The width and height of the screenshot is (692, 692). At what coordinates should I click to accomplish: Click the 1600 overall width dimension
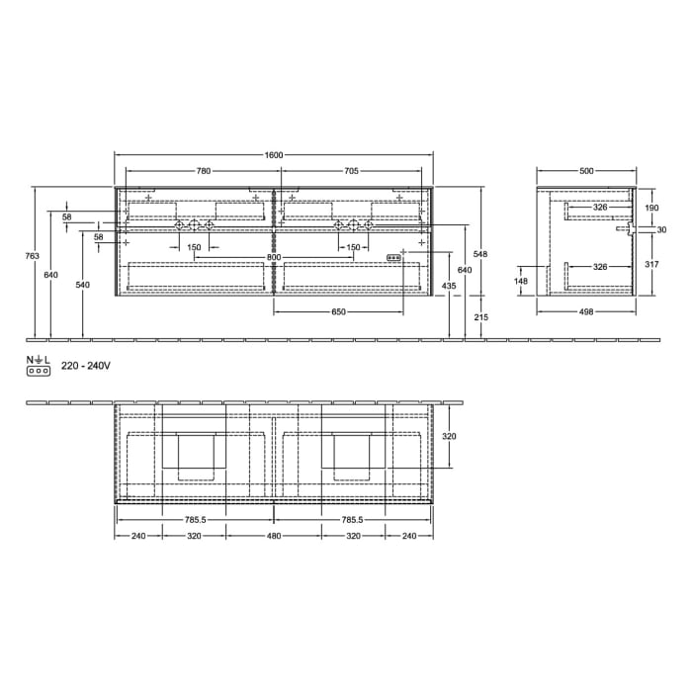[x=274, y=155]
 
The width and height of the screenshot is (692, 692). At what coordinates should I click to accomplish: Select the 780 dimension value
[x=203, y=171]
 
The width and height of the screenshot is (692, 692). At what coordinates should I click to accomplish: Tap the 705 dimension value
[x=351, y=171]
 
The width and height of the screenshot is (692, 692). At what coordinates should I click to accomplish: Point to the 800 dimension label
[x=274, y=257]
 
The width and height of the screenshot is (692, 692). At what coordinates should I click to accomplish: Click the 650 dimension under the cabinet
[x=338, y=311]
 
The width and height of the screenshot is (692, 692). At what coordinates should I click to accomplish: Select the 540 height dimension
[x=83, y=285]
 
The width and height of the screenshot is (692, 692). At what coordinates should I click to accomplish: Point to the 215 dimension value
[x=481, y=316]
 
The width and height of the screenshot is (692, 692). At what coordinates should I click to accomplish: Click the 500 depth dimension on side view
[x=586, y=171]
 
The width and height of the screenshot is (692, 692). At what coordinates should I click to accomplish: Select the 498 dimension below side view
[x=586, y=311]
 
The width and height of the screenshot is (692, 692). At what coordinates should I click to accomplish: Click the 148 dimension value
[x=521, y=281]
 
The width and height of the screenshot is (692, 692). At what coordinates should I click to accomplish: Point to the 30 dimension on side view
[x=661, y=230]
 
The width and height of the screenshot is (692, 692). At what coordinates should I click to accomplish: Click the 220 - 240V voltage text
[x=86, y=366]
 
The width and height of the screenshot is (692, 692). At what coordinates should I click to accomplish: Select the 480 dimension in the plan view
[x=274, y=536]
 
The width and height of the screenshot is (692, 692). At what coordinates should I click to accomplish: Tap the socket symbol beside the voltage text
[x=39, y=371]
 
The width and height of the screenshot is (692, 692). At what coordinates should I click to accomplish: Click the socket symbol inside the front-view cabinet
[x=393, y=257]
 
